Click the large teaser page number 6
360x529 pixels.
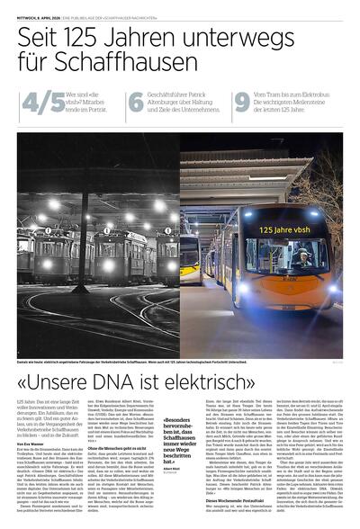point(135,103)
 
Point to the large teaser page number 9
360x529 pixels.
point(242,103)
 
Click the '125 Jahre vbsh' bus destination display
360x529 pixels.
point(290,229)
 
